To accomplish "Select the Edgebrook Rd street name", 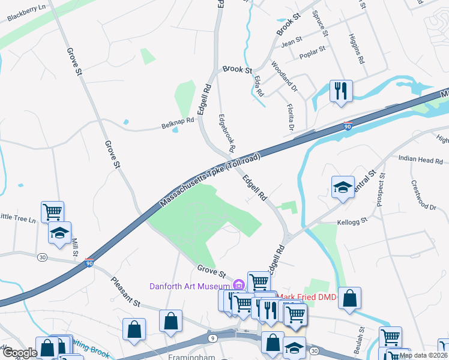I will [226, 133].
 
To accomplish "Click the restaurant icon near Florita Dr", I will [341, 91].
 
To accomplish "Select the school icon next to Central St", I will [343, 187].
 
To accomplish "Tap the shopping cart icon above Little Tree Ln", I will [53, 211].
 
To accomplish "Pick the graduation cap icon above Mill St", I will [59, 233].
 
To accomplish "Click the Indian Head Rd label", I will [421, 160].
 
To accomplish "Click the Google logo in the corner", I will [20, 353].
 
